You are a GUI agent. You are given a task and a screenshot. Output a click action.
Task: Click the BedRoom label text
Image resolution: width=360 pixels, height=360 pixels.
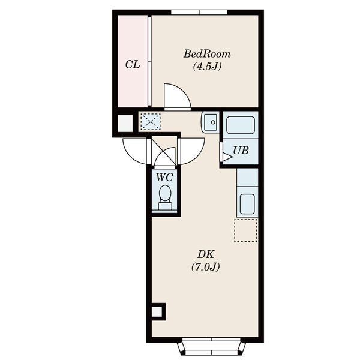tap(207, 54)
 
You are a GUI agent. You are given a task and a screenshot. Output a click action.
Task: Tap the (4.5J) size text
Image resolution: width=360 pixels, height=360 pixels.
tap(207, 67)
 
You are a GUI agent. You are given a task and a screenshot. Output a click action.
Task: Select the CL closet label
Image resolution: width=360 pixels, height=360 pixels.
tap(133, 65)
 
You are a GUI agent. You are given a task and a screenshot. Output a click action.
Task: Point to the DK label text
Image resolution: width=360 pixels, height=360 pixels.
tap(206, 254)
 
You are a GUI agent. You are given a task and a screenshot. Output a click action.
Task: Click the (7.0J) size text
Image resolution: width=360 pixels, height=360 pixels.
tap(206, 267)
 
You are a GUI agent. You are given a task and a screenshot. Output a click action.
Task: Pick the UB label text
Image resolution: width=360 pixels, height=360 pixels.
tap(241, 151)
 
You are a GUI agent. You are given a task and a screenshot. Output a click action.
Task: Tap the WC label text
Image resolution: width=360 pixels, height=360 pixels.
tap(164, 177)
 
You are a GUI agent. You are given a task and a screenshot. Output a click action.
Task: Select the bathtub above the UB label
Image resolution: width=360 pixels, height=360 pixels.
tap(241, 125)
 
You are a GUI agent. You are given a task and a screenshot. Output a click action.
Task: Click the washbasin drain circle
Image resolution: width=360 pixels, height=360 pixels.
tap(213, 122)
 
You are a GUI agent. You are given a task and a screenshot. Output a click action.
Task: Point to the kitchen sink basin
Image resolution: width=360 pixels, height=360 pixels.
tap(247, 204)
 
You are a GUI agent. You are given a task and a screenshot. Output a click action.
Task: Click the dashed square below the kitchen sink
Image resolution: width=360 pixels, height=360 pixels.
tap(245, 230)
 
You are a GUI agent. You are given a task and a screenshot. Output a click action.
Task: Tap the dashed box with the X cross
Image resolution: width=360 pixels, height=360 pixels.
tap(151, 122)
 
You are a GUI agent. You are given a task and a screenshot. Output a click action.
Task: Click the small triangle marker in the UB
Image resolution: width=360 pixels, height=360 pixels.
tap(227, 157)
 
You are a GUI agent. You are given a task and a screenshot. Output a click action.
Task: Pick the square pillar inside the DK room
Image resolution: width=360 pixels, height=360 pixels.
tap(158, 312)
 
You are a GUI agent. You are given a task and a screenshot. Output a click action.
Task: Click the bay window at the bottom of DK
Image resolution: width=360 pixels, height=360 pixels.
tap(211, 349)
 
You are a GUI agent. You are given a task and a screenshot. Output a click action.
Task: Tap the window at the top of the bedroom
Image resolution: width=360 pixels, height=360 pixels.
tap(199, 13)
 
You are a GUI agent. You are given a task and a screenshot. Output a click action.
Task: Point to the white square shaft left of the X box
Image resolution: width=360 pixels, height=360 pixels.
tap(125, 124)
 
